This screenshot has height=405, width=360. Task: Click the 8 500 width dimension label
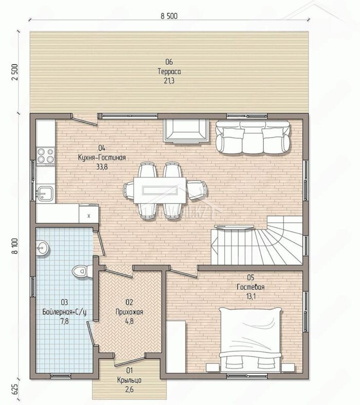point(169,16)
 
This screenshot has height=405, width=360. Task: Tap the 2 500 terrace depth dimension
point(15,72)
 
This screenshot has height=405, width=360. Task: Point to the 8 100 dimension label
point(15,246)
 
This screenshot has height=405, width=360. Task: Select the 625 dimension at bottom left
point(15,388)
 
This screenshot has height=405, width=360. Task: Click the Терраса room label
point(169,72)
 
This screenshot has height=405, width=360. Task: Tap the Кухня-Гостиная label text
point(102,157)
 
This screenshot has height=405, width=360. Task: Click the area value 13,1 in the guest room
point(250,296)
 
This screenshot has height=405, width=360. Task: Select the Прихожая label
point(129,312)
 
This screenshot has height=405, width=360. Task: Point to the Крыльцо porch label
point(129,380)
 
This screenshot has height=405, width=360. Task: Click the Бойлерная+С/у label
point(64,312)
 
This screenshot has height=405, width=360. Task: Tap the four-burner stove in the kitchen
point(46,155)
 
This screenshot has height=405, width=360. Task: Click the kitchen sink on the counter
point(45,193)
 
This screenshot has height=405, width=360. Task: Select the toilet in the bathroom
point(82,271)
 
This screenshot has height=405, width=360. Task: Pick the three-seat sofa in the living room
point(253,137)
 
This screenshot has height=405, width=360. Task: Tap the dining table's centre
point(160,190)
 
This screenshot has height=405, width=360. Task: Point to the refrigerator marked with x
point(88,214)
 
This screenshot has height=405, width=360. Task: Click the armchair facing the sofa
point(186,130)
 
